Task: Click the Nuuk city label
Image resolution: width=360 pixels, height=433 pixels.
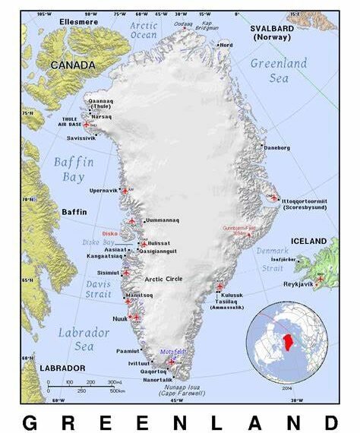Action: [x=118, y=319]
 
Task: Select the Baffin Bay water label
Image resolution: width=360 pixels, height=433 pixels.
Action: [x=73, y=169]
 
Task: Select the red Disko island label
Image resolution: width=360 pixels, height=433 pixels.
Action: [x=109, y=233]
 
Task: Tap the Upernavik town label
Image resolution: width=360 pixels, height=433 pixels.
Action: [x=103, y=190]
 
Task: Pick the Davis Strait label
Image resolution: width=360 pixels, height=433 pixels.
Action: [x=96, y=289]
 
